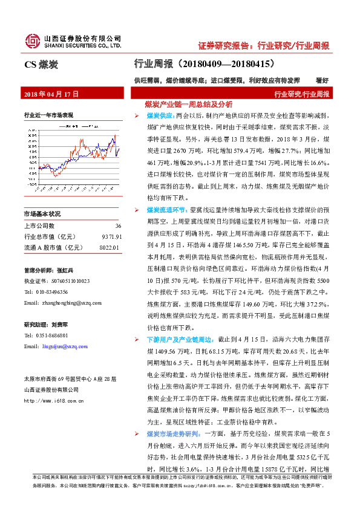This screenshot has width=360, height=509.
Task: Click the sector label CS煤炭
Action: [x=41, y=63]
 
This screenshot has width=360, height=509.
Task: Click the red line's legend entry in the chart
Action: [x=66, y=126]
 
